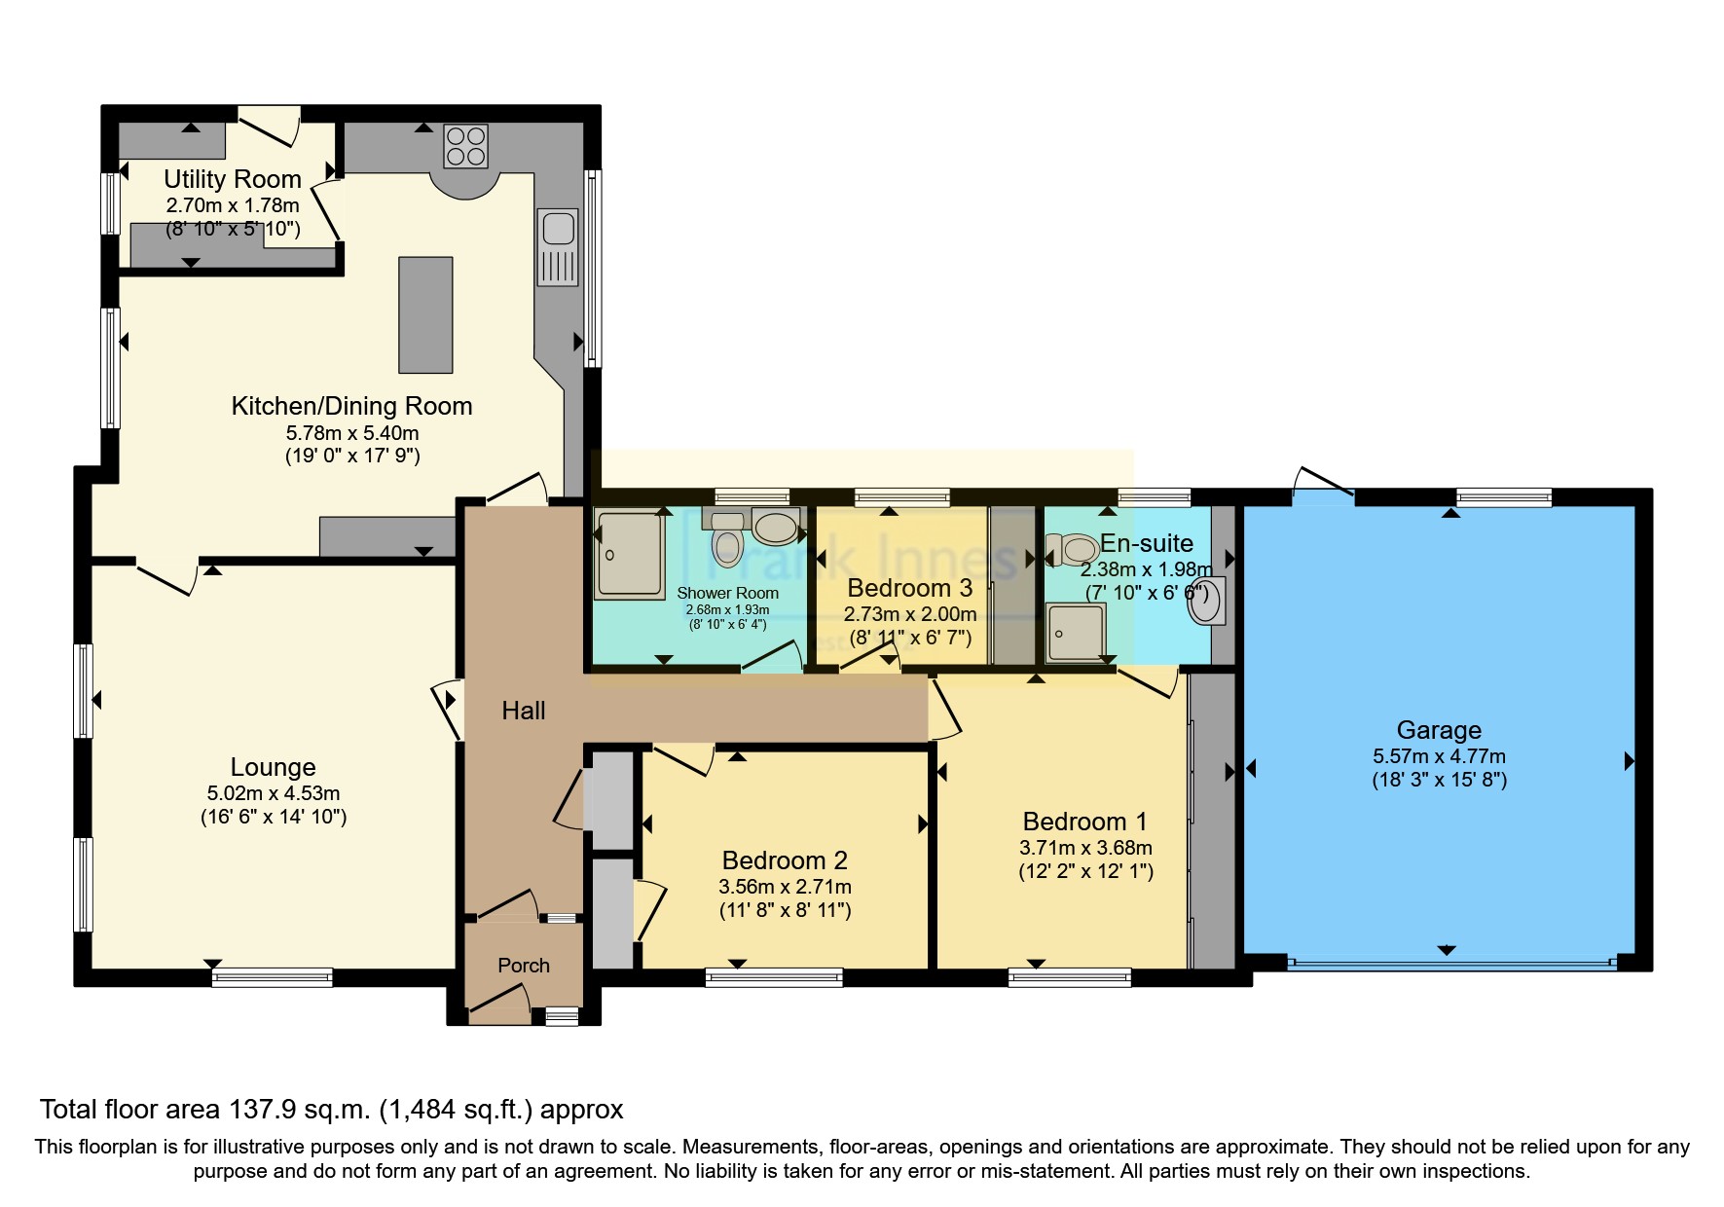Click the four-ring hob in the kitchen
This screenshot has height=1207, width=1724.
tap(465, 146)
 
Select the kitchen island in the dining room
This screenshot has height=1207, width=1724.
tap(425, 314)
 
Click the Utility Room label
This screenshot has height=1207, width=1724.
tap(232, 179)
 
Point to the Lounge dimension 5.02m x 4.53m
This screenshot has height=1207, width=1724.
tap(274, 793)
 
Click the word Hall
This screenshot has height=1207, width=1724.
tap(523, 711)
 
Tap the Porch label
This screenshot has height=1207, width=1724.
tap(524, 966)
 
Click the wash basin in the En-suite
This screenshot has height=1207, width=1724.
tap(1205, 601)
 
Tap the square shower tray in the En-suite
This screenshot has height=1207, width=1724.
tap(1076, 632)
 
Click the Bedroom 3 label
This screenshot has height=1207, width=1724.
tap(909, 588)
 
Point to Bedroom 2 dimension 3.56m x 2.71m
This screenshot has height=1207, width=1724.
tap(785, 887)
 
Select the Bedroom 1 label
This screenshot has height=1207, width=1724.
tap(1085, 822)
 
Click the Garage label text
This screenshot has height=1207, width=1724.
tap(1439, 730)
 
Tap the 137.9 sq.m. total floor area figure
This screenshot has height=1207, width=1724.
tap(299, 1110)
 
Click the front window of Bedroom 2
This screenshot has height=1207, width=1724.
tap(774, 977)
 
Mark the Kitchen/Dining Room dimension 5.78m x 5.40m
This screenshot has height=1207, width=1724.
tap(352, 432)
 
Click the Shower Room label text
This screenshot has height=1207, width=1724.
tap(727, 593)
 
